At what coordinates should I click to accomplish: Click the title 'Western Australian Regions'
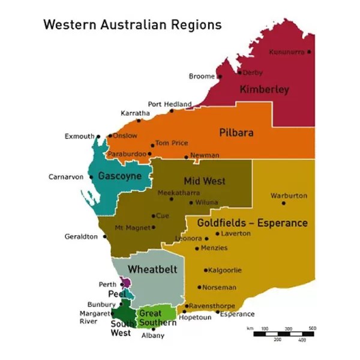click(132, 25)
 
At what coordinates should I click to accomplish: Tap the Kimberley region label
click(264, 90)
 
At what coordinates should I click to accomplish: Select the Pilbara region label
click(236, 133)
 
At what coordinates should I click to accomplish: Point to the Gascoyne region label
click(119, 176)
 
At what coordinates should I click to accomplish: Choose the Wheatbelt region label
click(152, 269)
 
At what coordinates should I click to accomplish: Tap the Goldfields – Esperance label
click(252, 223)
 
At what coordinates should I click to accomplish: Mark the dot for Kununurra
click(309, 52)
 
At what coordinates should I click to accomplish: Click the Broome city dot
click(220, 77)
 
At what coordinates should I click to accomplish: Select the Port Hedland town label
click(170, 104)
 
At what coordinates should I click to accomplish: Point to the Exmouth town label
click(79, 136)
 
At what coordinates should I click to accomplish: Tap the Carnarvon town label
click(66, 177)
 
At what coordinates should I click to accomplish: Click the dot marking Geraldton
click(104, 236)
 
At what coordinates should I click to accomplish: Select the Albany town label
click(152, 336)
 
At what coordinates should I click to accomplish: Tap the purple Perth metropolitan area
click(125, 282)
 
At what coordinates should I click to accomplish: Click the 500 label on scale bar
click(312, 328)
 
